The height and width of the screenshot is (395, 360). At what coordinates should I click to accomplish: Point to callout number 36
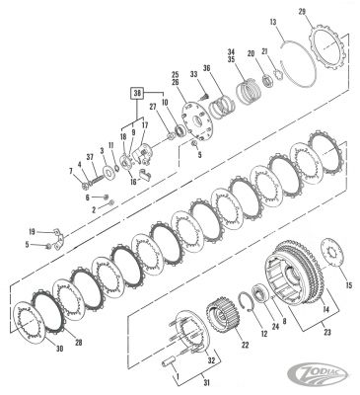206,68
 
